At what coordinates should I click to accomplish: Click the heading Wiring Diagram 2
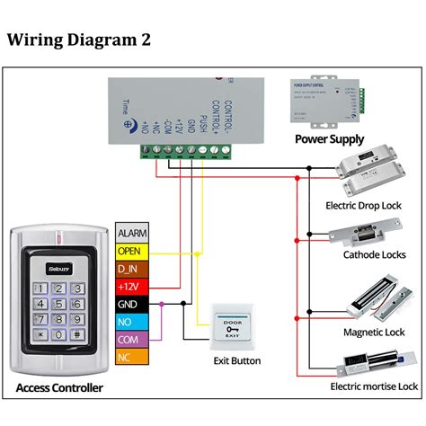80,40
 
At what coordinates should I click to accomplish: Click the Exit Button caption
237,361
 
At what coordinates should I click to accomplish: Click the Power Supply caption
330,139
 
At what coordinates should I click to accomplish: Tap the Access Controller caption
59,388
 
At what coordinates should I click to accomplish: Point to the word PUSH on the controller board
204,124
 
